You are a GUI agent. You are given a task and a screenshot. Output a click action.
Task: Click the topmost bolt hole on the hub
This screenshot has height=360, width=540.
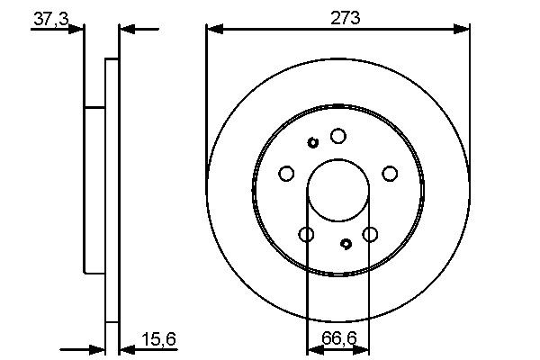coord(337,136)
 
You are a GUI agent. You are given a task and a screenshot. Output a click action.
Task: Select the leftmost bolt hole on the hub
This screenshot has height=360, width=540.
coord(286,173)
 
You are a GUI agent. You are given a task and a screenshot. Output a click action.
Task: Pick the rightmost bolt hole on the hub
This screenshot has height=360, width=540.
coord(390,173)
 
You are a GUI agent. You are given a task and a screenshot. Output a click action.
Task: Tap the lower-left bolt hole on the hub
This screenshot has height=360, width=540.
coord(306,235)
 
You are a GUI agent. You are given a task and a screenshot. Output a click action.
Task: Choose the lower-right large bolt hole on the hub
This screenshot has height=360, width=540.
coord(370,235)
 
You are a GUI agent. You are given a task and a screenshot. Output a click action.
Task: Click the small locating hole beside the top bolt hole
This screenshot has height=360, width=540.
coord(313,142)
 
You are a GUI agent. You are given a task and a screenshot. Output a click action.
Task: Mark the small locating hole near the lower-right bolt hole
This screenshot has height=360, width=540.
coord(346,243)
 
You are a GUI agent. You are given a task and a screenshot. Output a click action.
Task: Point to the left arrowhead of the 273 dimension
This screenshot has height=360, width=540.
coord(214,30)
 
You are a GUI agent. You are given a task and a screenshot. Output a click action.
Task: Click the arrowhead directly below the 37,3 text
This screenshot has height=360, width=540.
coord(76,30)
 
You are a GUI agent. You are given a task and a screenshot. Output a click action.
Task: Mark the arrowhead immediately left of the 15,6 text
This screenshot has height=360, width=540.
coord(127,347)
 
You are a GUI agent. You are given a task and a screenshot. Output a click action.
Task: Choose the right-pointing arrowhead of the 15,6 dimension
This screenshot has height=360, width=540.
coord(98,347)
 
